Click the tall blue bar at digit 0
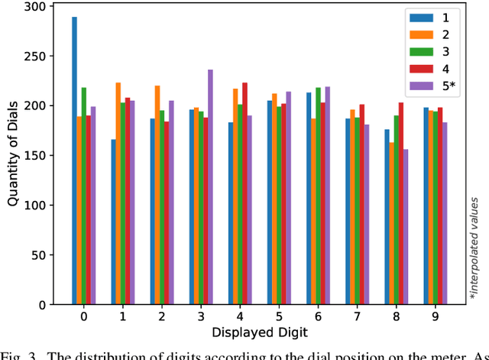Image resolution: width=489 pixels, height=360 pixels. point(75,161)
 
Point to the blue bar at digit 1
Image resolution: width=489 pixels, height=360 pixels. point(113,222)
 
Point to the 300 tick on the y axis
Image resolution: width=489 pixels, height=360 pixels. point(36,6)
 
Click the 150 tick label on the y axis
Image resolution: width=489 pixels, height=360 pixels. point(36,156)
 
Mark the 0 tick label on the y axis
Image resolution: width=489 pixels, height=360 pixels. point(41,305)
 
